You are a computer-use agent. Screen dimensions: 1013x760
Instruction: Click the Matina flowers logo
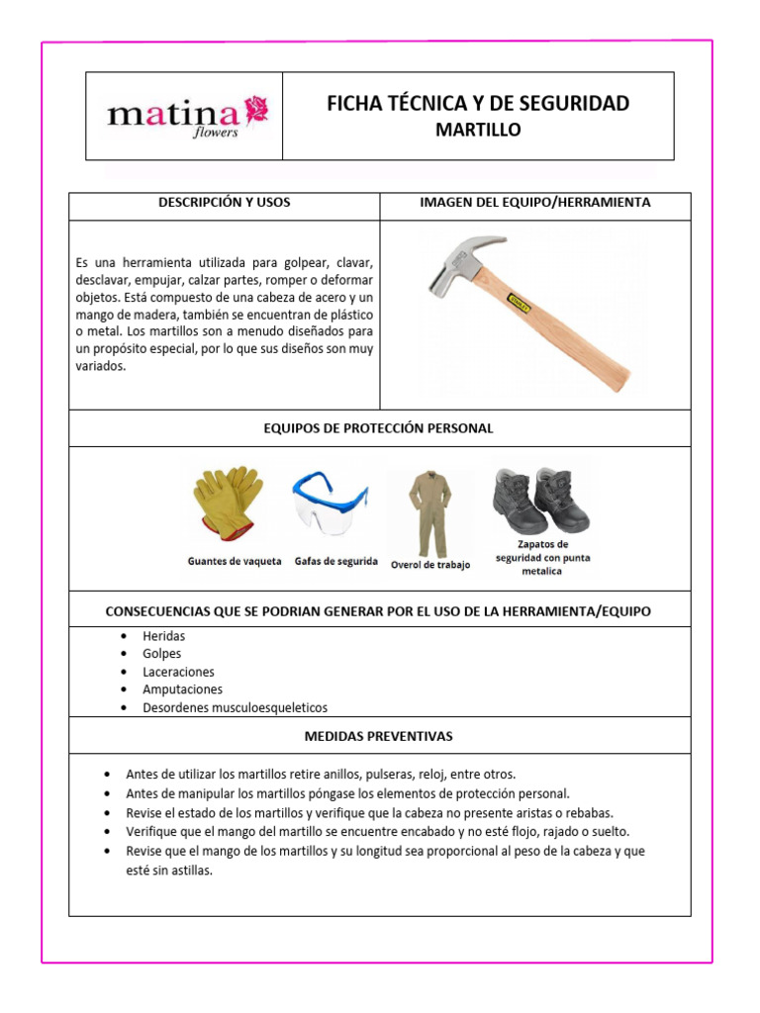pyautogui.click(x=186, y=117)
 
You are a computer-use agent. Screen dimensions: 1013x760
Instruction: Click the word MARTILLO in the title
pyautogui.click(x=478, y=131)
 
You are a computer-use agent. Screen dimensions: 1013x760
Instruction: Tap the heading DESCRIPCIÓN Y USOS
pyautogui.click(x=225, y=203)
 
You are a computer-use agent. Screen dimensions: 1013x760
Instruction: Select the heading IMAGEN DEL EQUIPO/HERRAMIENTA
pyautogui.click(x=535, y=203)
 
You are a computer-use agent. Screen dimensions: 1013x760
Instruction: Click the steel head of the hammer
pyautogui.click(x=460, y=261)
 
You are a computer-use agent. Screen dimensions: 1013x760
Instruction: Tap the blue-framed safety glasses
pyautogui.click(x=330, y=503)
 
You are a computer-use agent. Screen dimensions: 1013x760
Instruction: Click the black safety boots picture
pyautogui.click(x=541, y=500)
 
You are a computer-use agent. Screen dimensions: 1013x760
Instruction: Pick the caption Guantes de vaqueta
pyautogui.click(x=235, y=561)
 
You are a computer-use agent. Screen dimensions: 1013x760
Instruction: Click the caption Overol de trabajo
pyautogui.click(x=430, y=565)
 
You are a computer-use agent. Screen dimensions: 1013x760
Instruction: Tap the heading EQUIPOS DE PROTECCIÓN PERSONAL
pyautogui.click(x=378, y=428)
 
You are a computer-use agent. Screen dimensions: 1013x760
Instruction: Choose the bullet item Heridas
pyautogui.click(x=164, y=636)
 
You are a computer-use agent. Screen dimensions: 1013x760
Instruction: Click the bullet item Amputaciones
pyautogui.click(x=183, y=690)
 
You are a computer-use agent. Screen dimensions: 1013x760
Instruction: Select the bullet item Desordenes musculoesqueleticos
pyautogui.click(x=235, y=707)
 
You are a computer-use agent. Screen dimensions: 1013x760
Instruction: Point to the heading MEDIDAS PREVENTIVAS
pyautogui.click(x=378, y=737)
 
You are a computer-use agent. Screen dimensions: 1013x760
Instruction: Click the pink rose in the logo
pyautogui.click(x=256, y=107)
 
